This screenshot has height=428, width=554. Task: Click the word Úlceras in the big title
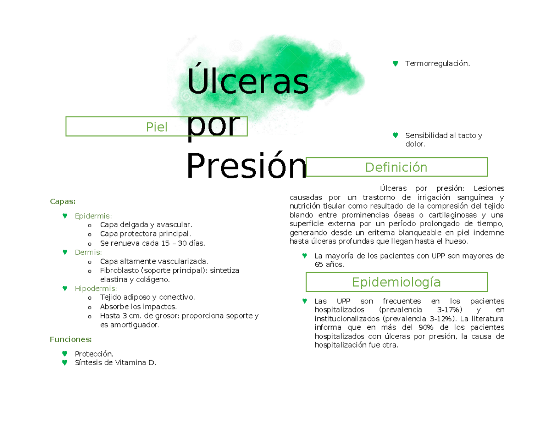point(247,81)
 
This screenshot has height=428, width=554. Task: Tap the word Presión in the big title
point(246,167)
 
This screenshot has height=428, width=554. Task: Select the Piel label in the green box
point(157,127)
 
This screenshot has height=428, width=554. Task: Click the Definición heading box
point(396,167)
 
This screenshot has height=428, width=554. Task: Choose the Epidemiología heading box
point(396,282)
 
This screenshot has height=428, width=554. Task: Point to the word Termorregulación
point(437,63)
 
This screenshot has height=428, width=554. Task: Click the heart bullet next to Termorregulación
point(395,63)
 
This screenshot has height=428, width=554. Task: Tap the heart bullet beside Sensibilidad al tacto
point(395,135)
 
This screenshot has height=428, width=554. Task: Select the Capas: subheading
point(62,201)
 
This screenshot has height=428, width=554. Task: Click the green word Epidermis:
point(93,216)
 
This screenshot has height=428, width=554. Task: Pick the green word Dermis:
point(88,252)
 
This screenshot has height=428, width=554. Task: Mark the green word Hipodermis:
point(96,289)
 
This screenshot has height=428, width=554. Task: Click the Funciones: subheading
point(70,339)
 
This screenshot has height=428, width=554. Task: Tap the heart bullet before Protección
point(65,354)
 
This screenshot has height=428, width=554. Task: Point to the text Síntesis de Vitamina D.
point(115,363)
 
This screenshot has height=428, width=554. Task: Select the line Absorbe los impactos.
point(138,306)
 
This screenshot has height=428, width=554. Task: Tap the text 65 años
point(329,265)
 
